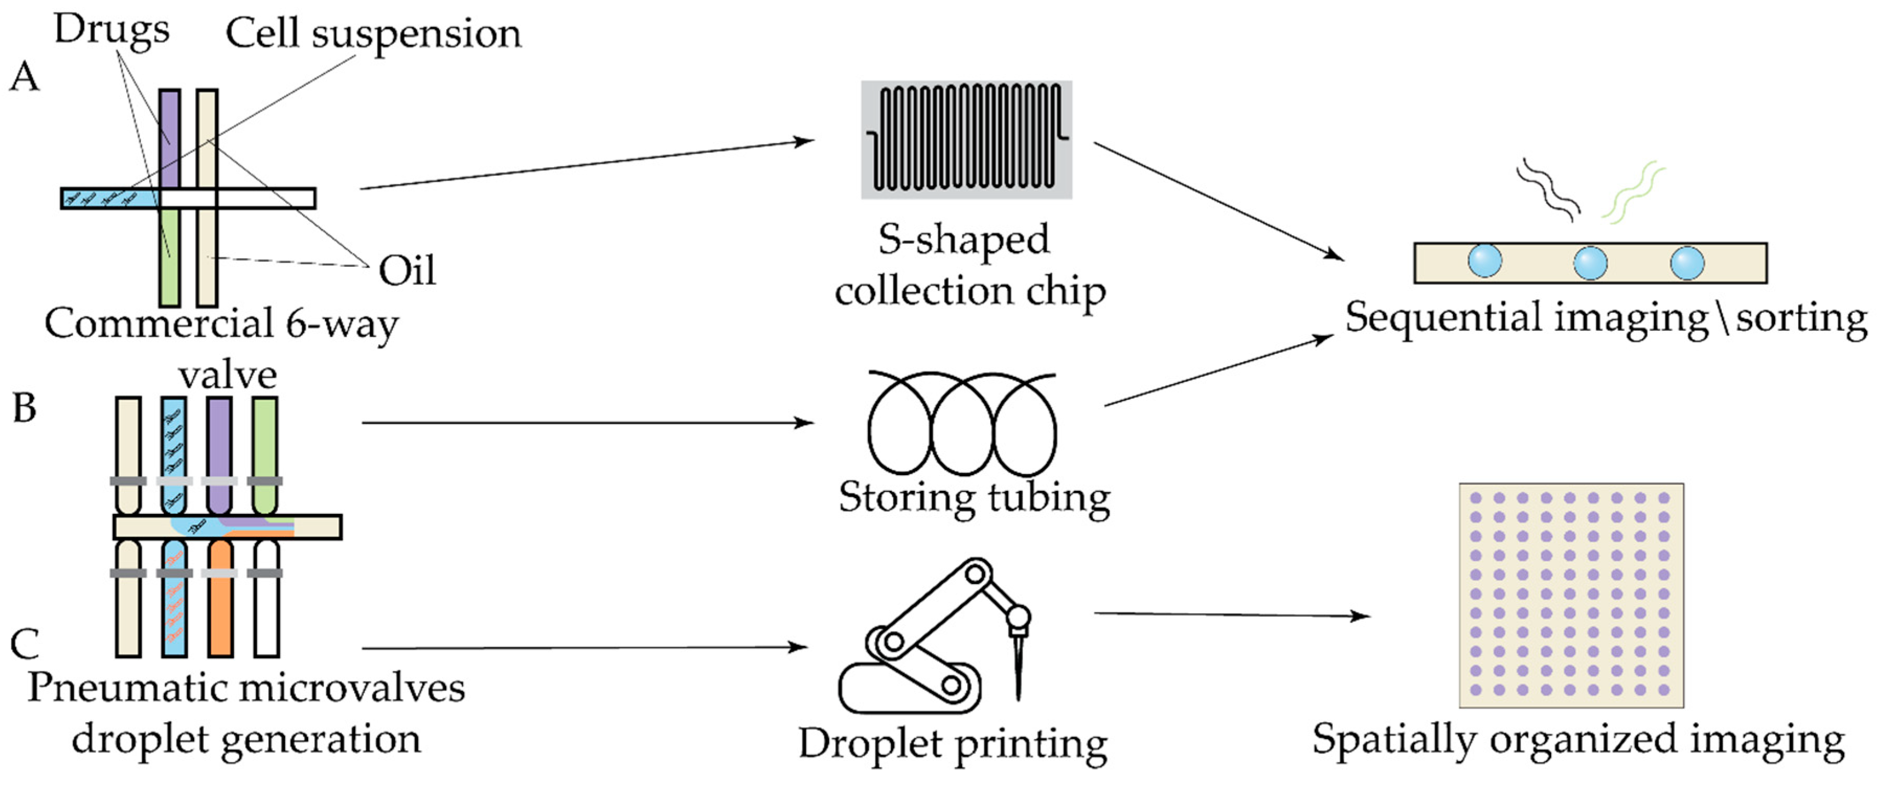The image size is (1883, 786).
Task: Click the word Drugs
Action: [111, 31]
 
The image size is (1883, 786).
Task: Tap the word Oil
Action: [407, 271]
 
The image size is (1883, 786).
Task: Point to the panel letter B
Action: [24, 409]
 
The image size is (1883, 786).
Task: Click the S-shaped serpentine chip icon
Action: [967, 139]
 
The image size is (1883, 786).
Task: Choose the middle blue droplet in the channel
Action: [1590, 263]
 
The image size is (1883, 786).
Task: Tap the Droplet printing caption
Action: [952, 744]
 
